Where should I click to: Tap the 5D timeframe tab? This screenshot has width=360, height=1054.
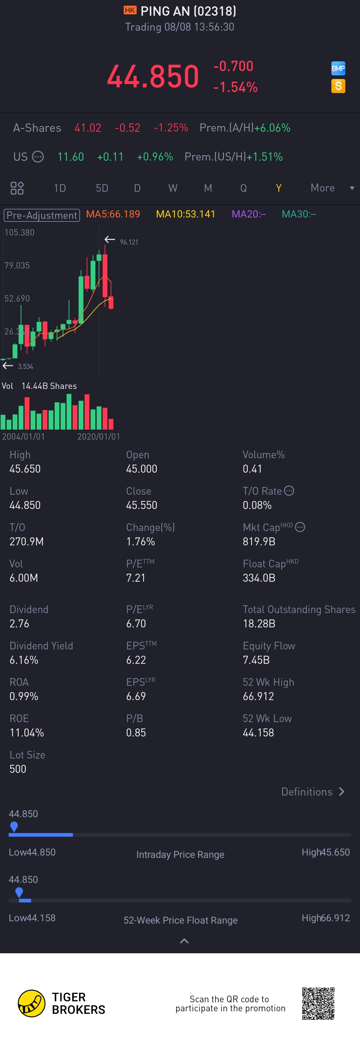(102, 188)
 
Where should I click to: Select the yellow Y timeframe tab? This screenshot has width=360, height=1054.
(279, 188)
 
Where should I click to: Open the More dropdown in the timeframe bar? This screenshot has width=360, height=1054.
(331, 188)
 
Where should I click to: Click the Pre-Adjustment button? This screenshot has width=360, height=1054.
(42, 215)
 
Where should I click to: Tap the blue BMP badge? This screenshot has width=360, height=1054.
(338, 68)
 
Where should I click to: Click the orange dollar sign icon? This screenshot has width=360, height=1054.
(338, 86)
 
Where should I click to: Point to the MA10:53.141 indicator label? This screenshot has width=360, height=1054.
(186, 214)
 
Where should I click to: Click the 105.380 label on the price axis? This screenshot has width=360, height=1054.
(20, 232)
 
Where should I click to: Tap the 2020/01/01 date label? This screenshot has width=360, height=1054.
(99, 437)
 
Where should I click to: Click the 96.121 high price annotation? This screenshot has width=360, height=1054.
(129, 242)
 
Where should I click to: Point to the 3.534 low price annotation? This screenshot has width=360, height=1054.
(25, 367)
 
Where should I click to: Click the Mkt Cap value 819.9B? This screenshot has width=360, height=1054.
(259, 541)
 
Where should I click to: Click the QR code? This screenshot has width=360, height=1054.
(318, 1003)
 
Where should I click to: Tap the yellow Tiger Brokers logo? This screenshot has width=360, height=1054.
(31, 1003)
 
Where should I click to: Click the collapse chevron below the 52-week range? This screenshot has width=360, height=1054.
(184, 941)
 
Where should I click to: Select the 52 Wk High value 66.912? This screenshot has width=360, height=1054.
(258, 696)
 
